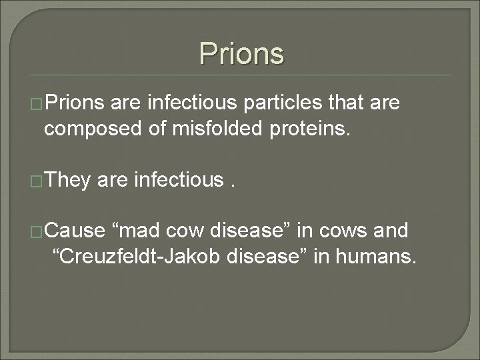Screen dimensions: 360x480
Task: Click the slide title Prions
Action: pos(241,53)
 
